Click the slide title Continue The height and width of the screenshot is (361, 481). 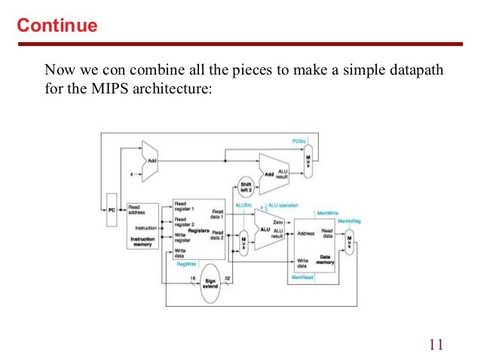(x=57, y=26)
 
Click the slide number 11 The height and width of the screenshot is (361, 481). (x=435, y=345)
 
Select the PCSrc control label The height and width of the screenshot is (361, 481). (x=299, y=141)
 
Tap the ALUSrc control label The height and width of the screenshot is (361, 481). (x=243, y=205)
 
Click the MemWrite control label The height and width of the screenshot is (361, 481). (x=327, y=213)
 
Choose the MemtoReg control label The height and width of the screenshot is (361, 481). (x=349, y=220)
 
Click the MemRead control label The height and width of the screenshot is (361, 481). (x=302, y=278)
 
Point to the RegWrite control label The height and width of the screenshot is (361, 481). (x=186, y=264)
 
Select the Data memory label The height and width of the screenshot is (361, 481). (x=325, y=259)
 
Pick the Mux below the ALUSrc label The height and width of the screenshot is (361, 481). (x=243, y=242)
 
